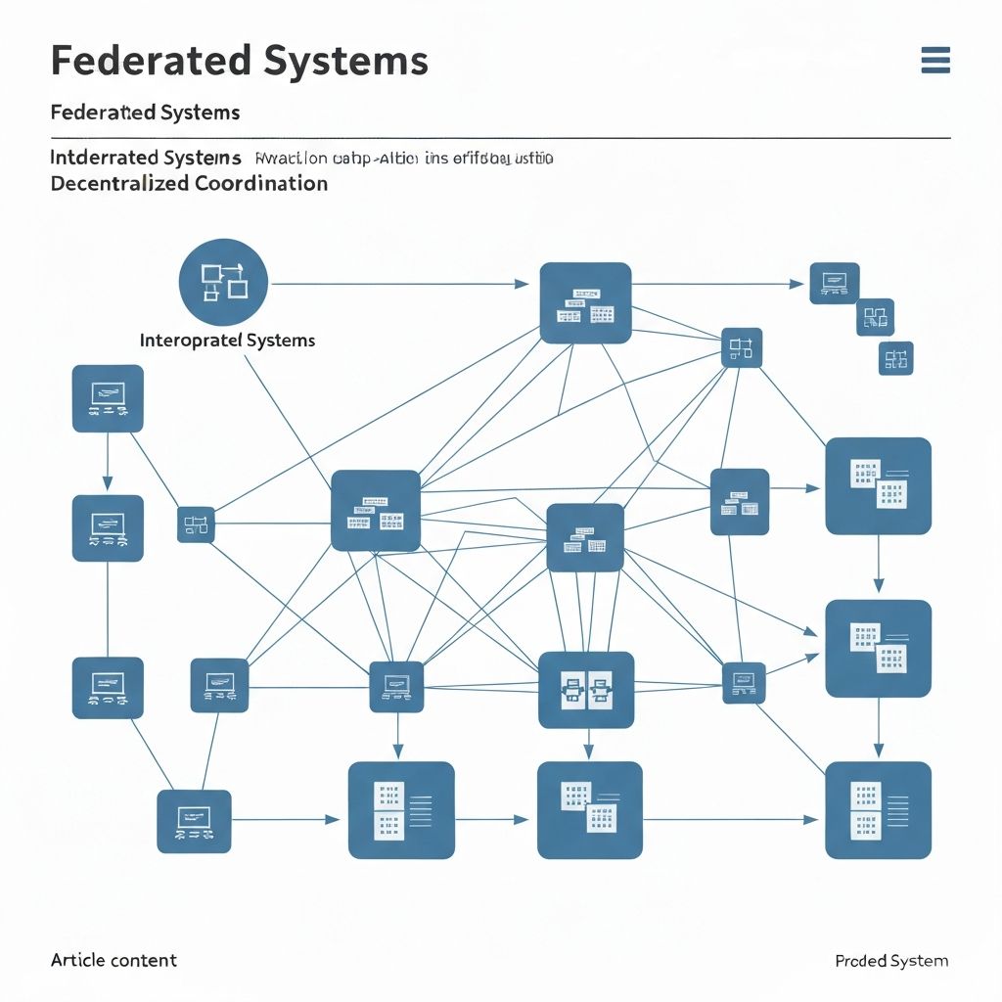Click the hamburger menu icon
(935, 61)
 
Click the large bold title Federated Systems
(239, 61)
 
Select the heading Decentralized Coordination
(189, 183)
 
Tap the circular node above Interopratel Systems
(223, 282)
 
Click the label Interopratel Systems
(228, 341)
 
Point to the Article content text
(114, 960)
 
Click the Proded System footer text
(891, 961)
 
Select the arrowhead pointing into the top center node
(522, 285)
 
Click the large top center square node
(585, 302)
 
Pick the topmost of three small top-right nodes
(835, 283)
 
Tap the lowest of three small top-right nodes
(895, 358)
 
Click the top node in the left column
(108, 398)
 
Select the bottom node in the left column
(108, 687)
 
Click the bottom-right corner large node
(878, 810)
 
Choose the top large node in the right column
(878, 485)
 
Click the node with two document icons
(586, 690)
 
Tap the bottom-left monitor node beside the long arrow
(194, 821)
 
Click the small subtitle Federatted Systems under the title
(145, 112)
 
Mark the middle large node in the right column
(878, 648)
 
